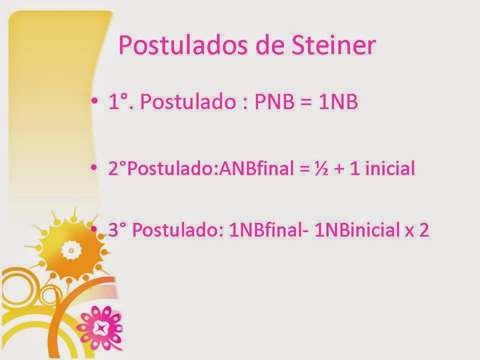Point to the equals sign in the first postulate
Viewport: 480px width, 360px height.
pyautogui.click(x=306, y=104)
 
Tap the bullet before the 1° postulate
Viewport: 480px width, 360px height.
pyautogui.click(x=95, y=102)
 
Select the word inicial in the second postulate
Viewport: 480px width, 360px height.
pyautogui.click(x=390, y=169)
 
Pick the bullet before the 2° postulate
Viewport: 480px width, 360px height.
pyautogui.click(x=95, y=168)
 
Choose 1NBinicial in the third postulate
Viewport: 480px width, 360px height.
pyautogui.click(x=355, y=232)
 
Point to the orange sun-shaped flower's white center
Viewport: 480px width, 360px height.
pyautogui.click(x=71, y=250)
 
